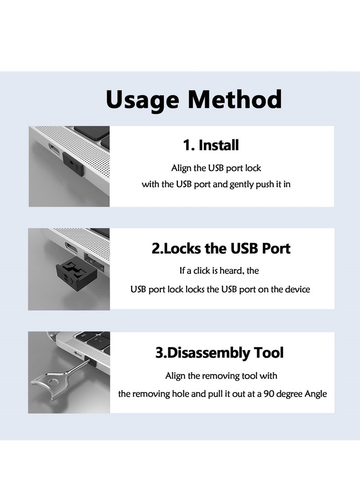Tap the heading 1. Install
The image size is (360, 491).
click(211, 145)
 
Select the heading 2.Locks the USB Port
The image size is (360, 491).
click(221, 248)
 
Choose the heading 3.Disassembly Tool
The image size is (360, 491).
click(220, 352)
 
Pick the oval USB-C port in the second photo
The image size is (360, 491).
click(70, 248)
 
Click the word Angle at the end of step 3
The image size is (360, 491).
click(316, 394)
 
